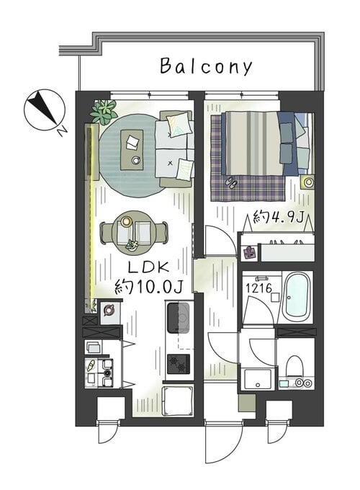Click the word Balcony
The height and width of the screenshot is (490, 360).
(206, 66)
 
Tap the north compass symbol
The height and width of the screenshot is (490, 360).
(45, 110)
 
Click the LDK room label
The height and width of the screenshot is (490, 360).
(149, 267)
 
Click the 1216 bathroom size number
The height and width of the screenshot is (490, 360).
(258, 288)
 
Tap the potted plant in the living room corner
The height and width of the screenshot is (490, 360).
(103, 110)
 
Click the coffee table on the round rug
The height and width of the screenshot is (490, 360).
(132, 150)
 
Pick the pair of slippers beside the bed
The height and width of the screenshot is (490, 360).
(231, 183)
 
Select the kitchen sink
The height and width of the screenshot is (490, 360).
(179, 318)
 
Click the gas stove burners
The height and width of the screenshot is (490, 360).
(179, 364)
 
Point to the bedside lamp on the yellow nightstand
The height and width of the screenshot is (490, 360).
(309, 182)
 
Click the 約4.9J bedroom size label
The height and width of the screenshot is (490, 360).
(278, 217)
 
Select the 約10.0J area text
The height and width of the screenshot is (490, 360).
(148, 286)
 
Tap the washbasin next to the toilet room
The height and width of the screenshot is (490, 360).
(258, 379)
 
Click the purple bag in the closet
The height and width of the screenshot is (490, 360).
(249, 252)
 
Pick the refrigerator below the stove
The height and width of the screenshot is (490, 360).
(178, 401)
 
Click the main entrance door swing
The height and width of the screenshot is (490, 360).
(223, 442)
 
